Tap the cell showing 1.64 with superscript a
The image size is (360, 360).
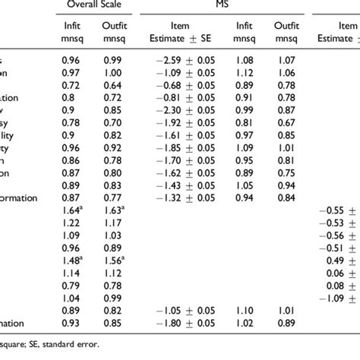click(73, 210)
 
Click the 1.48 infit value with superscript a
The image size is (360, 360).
click(73, 261)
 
